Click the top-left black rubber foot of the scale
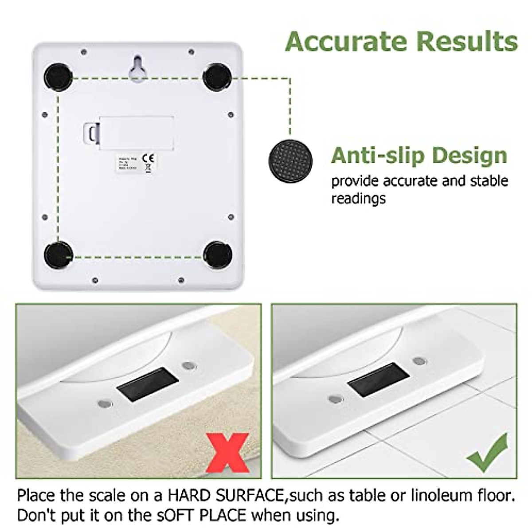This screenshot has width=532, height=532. (59, 77)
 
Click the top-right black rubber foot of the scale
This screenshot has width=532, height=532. (217, 77)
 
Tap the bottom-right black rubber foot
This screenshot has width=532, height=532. (218, 255)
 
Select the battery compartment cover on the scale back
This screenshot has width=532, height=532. (135, 131)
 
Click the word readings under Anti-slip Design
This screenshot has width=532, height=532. (359, 198)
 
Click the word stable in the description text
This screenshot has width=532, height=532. (488, 181)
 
